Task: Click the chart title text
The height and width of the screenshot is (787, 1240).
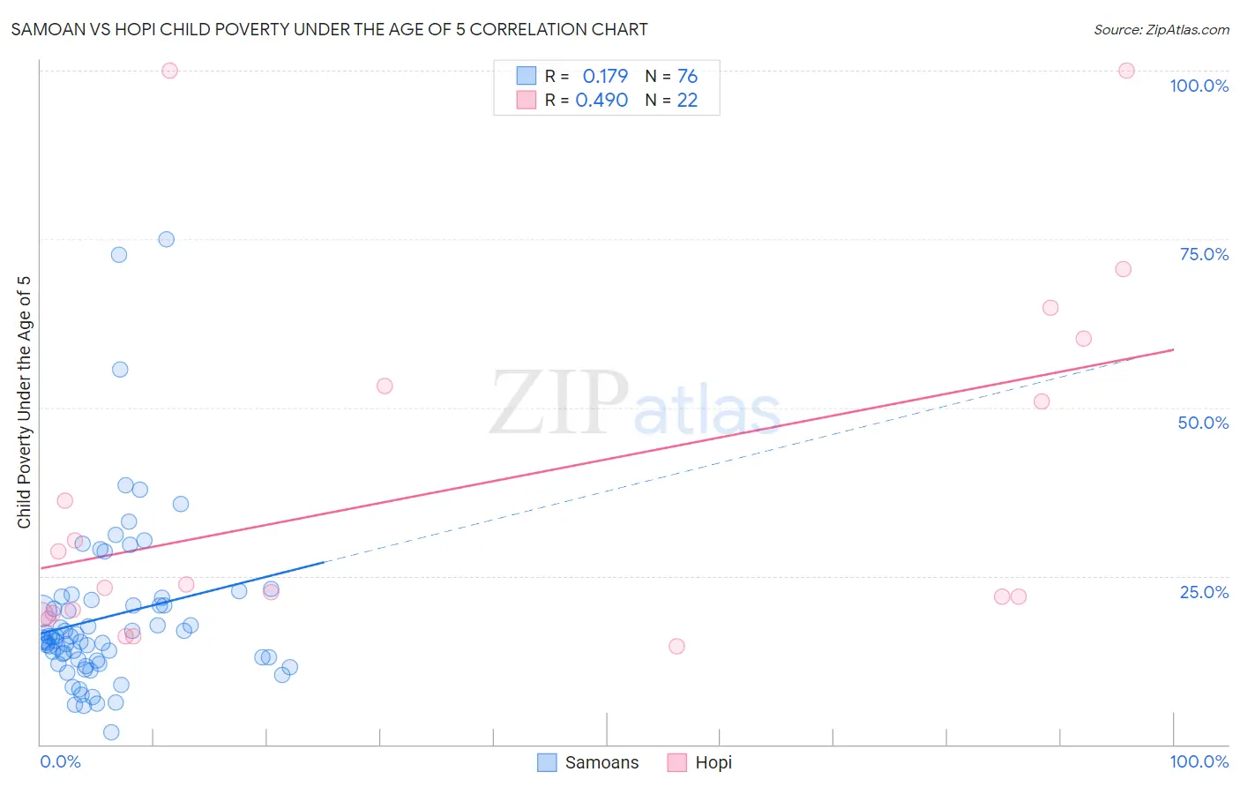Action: click(x=329, y=29)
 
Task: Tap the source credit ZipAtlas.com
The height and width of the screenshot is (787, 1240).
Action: click(x=1161, y=29)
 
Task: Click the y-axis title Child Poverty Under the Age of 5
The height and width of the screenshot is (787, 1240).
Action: click(x=25, y=401)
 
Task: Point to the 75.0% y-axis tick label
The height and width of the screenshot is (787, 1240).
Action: click(x=1204, y=254)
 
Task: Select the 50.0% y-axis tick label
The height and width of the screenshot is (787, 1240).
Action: click(x=1203, y=423)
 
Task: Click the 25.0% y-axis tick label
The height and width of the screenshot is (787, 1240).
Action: click(x=1204, y=592)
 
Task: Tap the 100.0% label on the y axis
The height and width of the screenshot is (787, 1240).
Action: click(x=1199, y=86)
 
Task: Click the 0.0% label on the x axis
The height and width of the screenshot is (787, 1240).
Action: click(x=60, y=761)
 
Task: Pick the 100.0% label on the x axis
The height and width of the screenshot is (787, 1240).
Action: click(x=1199, y=761)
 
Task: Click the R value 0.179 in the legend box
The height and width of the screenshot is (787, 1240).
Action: click(x=605, y=76)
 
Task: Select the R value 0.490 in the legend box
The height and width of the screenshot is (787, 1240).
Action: click(x=601, y=100)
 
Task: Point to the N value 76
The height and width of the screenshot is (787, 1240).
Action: click(x=687, y=76)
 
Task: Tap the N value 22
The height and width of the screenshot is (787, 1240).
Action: click(x=687, y=100)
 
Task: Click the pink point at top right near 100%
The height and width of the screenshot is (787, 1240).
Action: click(x=1126, y=71)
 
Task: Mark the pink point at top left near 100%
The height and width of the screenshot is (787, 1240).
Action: click(x=170, y=71)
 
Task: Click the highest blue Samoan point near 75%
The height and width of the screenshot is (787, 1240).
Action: click(x=166, y=239)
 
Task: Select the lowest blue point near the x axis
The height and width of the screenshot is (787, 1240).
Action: click(x=111, y=732)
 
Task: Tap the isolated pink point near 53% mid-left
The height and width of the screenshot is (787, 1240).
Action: click(x=385, y=386)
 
